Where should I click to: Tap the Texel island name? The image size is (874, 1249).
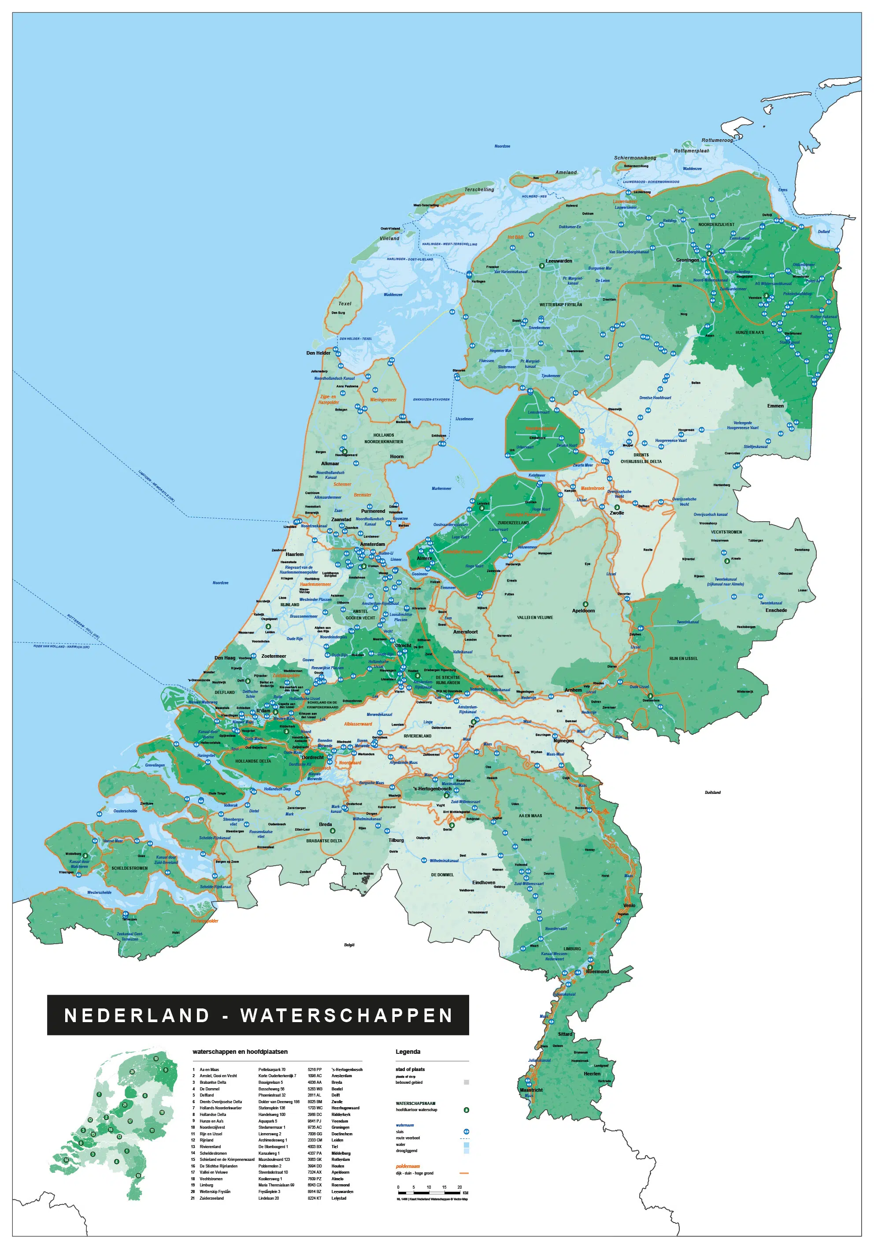[345, 304]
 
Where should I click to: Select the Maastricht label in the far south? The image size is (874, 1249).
[531, 1090]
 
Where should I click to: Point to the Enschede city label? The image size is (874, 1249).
[776, 610]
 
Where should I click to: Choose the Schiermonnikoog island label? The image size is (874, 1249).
[635, 158]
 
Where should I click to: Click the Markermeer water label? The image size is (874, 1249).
[441, 489]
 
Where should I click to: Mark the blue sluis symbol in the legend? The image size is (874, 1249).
[466, 1131]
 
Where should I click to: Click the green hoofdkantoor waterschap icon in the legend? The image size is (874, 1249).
[466, 1110]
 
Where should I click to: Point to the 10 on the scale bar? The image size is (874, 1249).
[429, 1187]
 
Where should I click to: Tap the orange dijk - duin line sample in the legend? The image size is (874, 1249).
[464, 1173]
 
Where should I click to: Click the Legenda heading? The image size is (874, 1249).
[407, 1052]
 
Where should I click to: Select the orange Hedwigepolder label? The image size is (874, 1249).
[204, 921]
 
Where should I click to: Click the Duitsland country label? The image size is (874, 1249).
[712, 793]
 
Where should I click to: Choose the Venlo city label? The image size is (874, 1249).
[629, 906]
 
